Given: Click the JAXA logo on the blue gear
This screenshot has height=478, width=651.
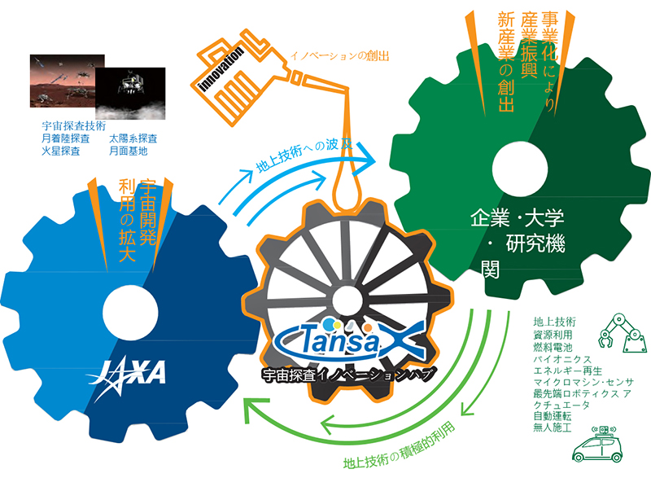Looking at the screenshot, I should (x=131, y=373).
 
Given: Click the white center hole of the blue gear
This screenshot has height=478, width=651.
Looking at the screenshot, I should (x=133, y=308).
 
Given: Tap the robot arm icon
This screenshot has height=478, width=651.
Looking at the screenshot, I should (x=619, y=335).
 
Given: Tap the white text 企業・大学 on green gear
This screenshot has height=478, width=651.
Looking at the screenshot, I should (x=516, y=218).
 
